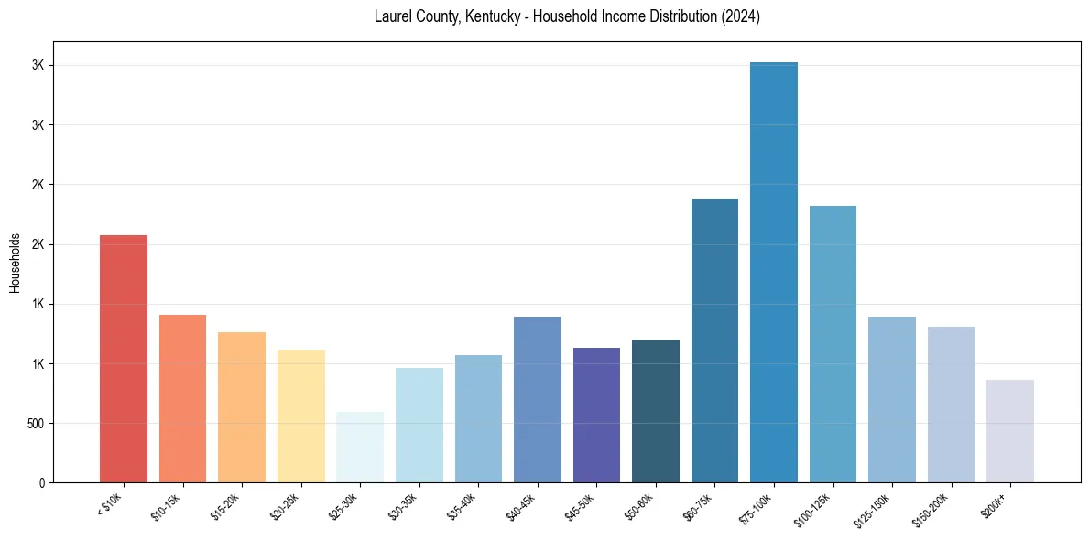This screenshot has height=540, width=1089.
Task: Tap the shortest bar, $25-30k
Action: [360, 448]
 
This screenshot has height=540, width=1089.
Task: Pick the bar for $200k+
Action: [1010, 431]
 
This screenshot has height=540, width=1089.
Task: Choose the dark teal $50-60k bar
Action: [656, 411]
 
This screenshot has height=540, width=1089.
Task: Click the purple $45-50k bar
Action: [596, 416]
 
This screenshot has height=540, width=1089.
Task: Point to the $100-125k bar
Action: [833, 344]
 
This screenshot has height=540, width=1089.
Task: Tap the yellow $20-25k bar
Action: [300, 416]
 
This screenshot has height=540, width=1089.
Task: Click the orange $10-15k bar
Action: [182, 399]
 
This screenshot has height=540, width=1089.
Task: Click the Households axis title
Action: [15, 263]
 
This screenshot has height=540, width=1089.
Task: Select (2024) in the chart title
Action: [740, 17]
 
